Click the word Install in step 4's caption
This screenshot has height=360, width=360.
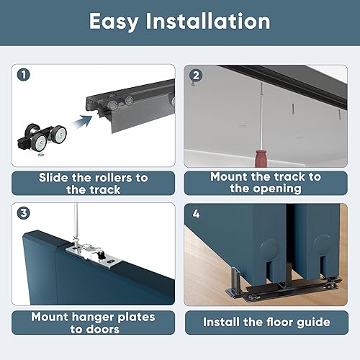click(228, 322)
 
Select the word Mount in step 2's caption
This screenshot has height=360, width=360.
click(231, 176)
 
